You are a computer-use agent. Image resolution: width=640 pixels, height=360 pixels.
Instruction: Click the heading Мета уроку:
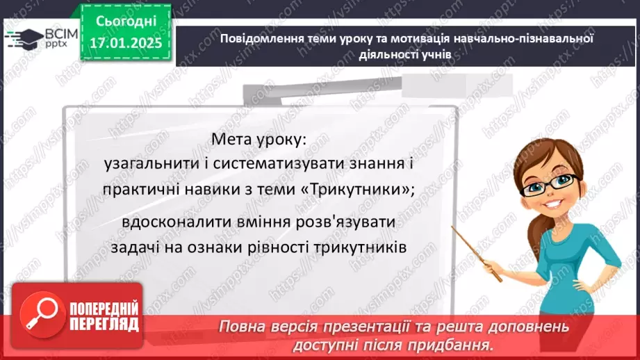(258, 139)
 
